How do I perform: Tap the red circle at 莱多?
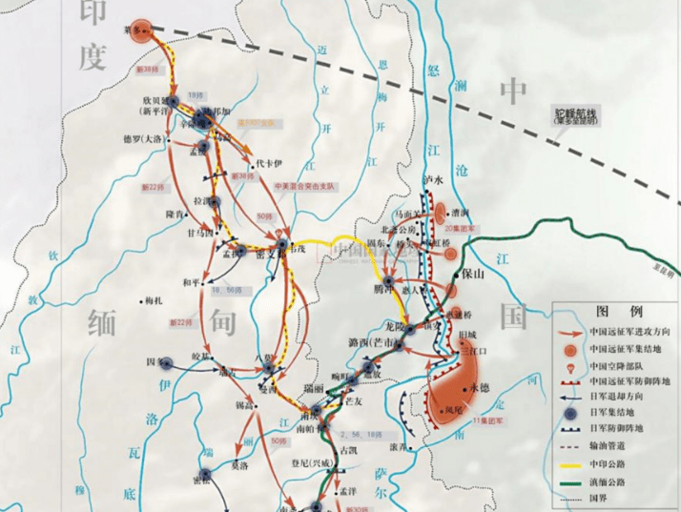(142, 31)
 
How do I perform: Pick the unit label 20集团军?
(463, 228)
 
